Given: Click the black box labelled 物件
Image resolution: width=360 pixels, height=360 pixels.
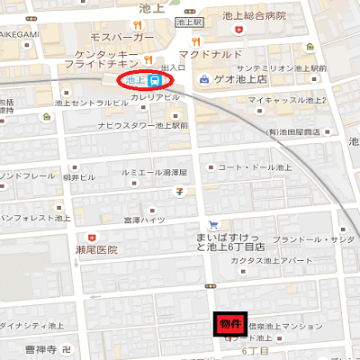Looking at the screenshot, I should (x=229, y=323).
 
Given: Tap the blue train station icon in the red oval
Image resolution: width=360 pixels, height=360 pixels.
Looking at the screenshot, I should (x=155, y=80).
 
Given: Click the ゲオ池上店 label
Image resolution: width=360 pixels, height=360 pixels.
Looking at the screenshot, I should (x=243, y=80).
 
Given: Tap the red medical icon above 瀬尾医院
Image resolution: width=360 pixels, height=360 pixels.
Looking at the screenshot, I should (x=91, y=236).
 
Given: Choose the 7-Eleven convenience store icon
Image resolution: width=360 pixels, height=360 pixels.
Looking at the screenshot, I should (x=181, y=191).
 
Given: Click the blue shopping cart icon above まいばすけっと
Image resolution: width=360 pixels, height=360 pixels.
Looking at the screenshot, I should (x=213, y=225).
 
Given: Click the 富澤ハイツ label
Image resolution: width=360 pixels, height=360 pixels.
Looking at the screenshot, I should (x=145, y=220).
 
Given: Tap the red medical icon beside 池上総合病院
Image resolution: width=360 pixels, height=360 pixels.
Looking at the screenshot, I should (x=238, y=30).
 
